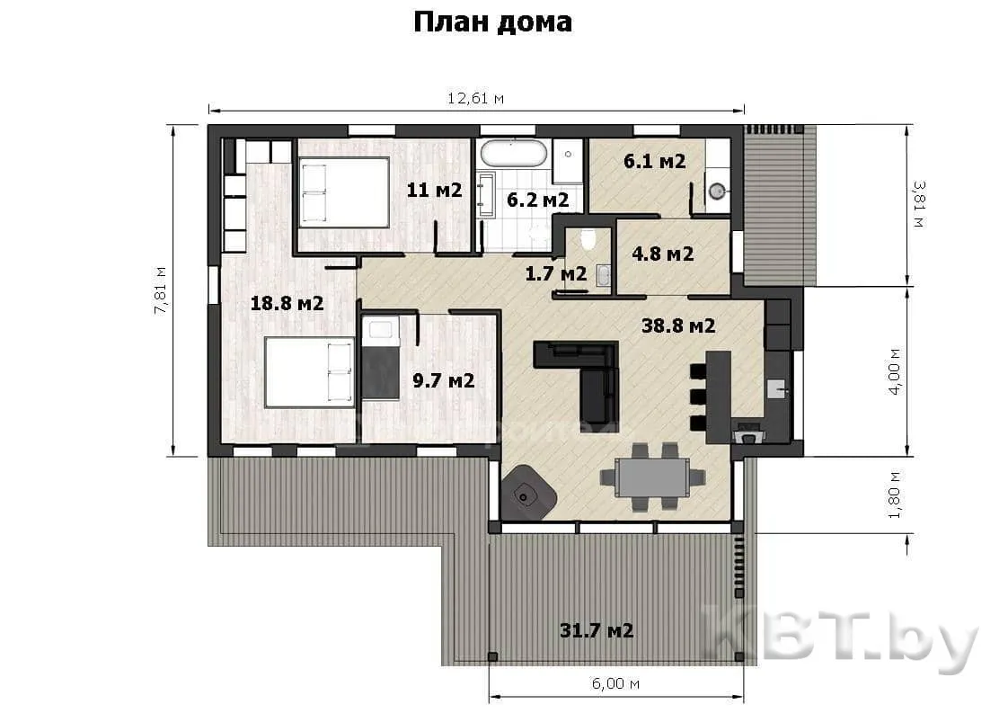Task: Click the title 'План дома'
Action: (x=492, y=22)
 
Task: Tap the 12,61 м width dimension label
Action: (x=476, y=98)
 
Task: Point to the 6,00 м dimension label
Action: (x=615, y=682)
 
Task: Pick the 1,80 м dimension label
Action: (x=894, y=495)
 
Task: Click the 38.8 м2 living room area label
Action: (x=678, y=325)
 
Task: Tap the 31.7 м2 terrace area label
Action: (x=597, y=630)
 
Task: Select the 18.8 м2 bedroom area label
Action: (x=287, y=302)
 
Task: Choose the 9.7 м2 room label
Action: (x=444, y=380)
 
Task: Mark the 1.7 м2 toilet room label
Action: (x=556, y=273)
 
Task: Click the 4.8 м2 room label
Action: (x=663, y=254)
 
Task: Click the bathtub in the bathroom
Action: (x=514, y=153)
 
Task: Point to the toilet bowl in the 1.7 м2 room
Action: (x=588, y=239)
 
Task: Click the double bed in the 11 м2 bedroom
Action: (x=345, y=192)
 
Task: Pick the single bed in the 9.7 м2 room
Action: (x=381, y=357)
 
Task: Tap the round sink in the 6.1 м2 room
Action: (x=718, y=190)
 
